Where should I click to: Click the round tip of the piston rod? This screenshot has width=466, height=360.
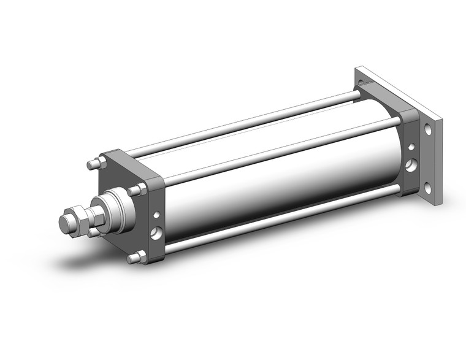click(x=66, y=221)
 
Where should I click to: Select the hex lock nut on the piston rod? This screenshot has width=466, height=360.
click(x=78, y=218)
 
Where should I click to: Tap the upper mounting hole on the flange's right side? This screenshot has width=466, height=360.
click(x=427, y=131)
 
